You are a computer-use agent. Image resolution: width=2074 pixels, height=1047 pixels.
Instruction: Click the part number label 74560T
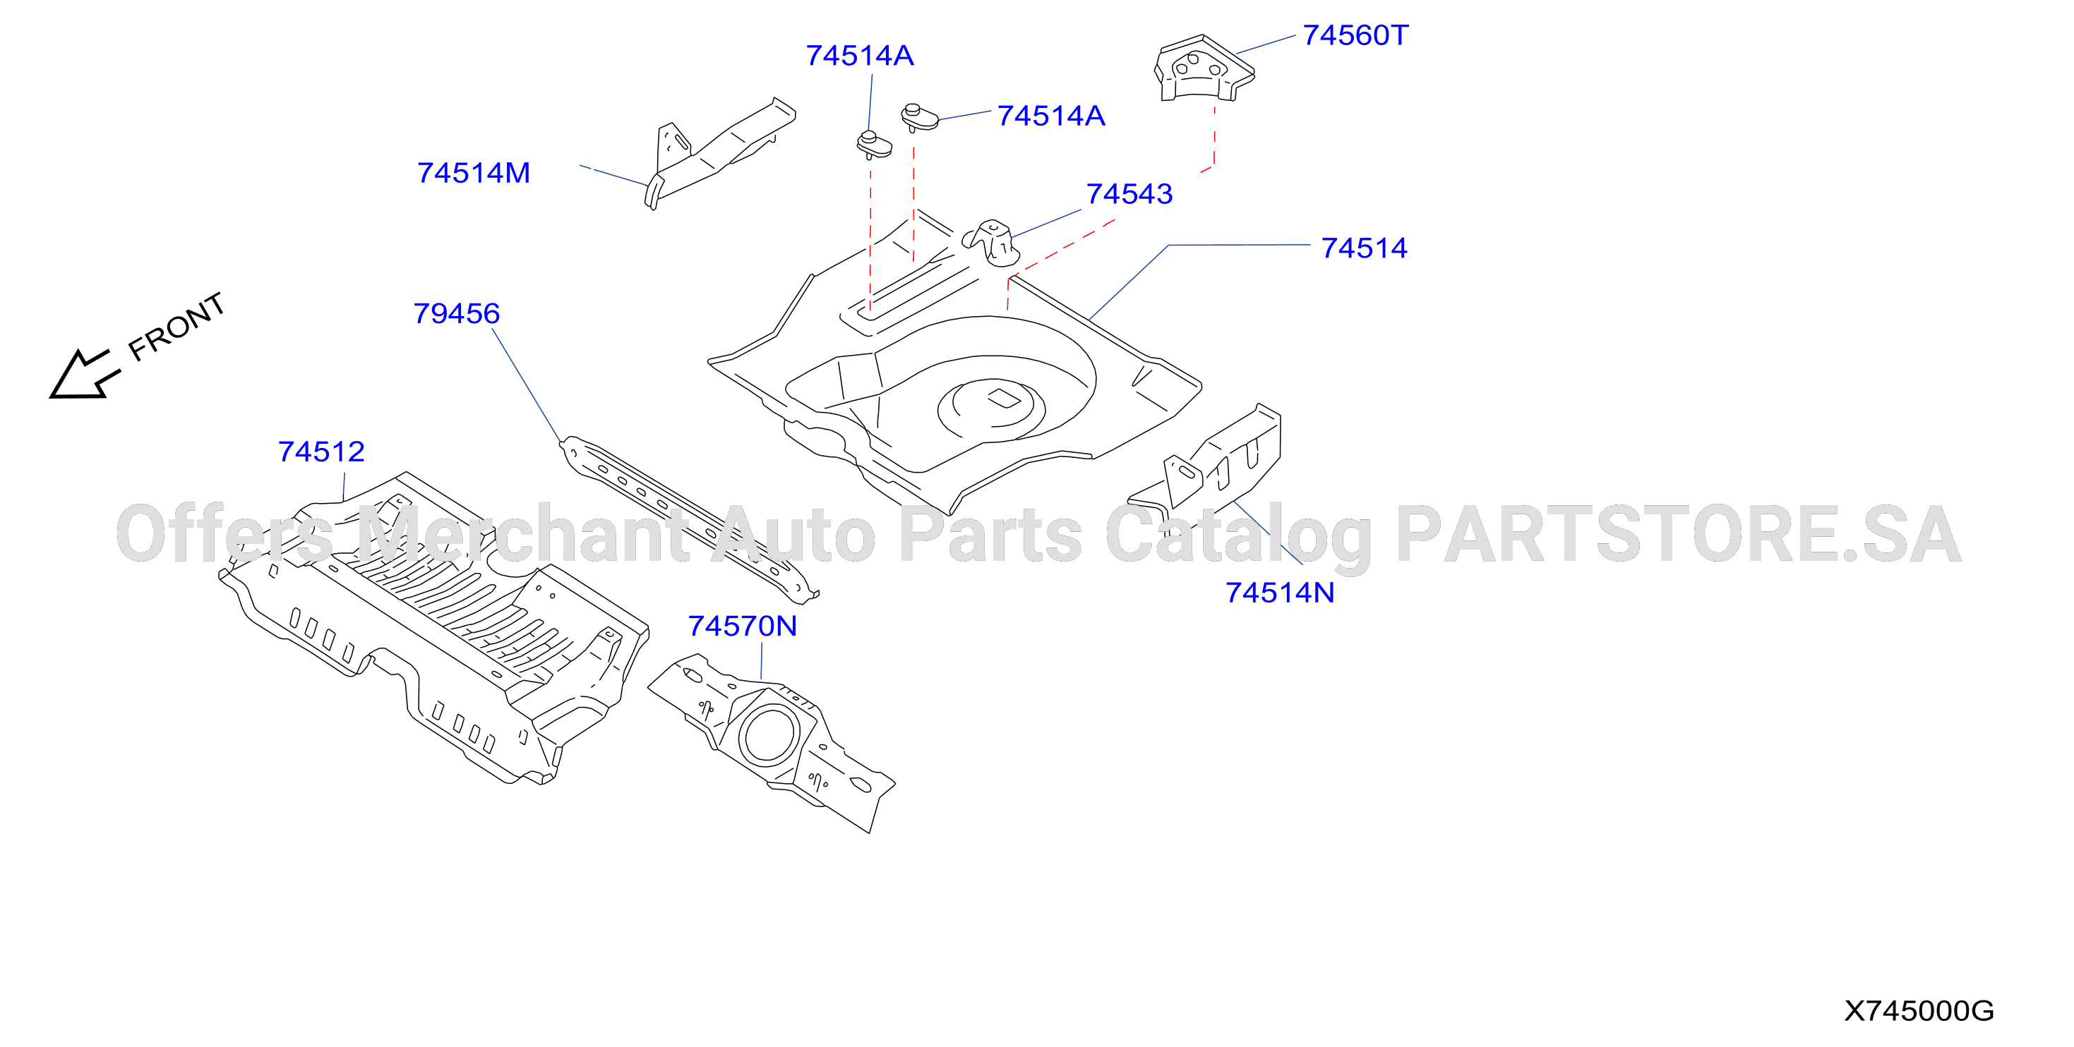pyautogui.click(x=1356, y=35)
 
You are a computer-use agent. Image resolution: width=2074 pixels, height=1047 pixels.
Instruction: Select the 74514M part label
pyautogui.click(x=474, y=173)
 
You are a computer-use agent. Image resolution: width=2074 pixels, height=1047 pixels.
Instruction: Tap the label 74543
pyautogui.click(x=1129, y=194)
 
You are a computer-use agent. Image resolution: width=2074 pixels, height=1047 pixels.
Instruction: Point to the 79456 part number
pyautogui.click(x=457, y=313)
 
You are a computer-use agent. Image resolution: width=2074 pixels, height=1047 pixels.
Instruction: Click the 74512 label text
pyautogui.click(x=321, y=452)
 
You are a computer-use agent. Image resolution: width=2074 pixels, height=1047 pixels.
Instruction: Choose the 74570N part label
pyautogui.click(x=743, y=626)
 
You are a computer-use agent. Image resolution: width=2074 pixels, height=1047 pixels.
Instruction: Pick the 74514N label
pyautogui.click(x=1280, y=593)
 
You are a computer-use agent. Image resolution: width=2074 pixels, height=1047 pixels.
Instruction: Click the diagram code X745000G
pyautogui.click(x=1919, y=1011)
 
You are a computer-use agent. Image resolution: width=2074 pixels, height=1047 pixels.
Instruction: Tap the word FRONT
pyautogui.click(x=177, y=326)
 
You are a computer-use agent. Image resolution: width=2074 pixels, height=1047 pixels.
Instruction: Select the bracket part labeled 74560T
pyautogui.click(x=1204, y=68)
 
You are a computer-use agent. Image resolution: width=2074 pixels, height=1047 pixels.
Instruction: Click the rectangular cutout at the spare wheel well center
pyautogui.click(x=1003, y=397)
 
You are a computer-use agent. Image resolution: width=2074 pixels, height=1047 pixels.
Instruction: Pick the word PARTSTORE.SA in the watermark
pyautogui.click(x=1679, y=534)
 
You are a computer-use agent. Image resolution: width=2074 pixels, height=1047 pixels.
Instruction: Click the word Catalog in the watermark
pyautogui.click(x=1238, y=538)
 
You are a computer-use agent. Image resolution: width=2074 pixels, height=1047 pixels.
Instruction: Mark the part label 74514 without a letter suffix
pyautogui.click(x=1364, y=248)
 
